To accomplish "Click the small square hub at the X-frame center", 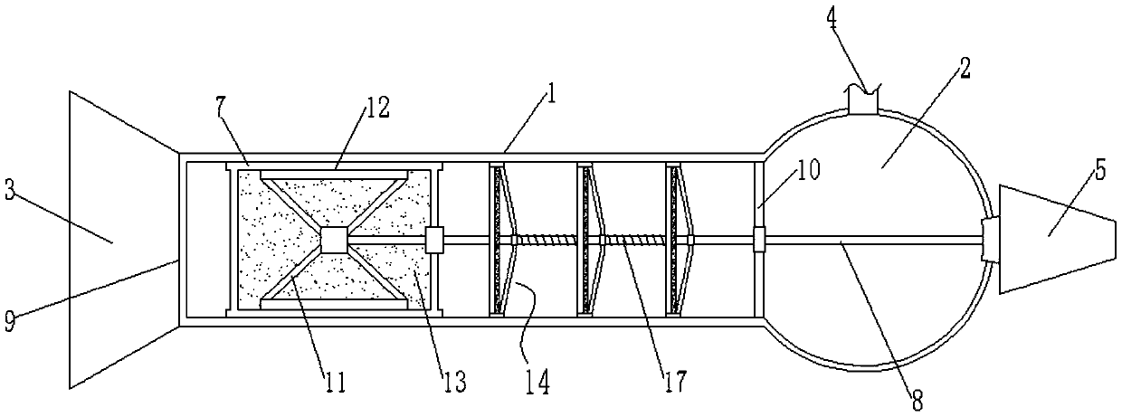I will pos(334,240).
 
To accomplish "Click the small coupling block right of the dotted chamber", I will pos(433,240).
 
